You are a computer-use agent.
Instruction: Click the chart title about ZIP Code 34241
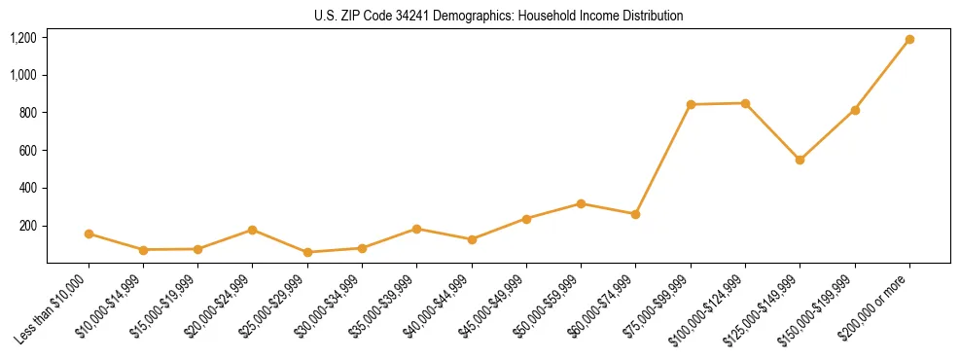point(498,16)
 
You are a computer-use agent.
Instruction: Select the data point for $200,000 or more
point(909,40)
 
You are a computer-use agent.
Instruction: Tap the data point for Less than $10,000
point(89,234)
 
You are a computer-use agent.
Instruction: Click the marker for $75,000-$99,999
point(691,104)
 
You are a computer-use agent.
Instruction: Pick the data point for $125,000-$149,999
point(800,160)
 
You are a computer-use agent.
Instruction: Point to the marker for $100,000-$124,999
point(745,103)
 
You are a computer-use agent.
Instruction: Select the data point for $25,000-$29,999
point(307,252)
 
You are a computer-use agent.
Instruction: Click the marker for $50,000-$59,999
point(581,203)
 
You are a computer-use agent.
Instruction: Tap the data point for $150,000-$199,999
point(855,110)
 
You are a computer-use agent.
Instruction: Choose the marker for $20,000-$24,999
point(253,230)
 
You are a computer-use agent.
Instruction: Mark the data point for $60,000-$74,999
point(635,214)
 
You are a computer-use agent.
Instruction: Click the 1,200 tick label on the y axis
point(22,38)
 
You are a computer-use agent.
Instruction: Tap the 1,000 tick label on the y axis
point(22,75)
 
